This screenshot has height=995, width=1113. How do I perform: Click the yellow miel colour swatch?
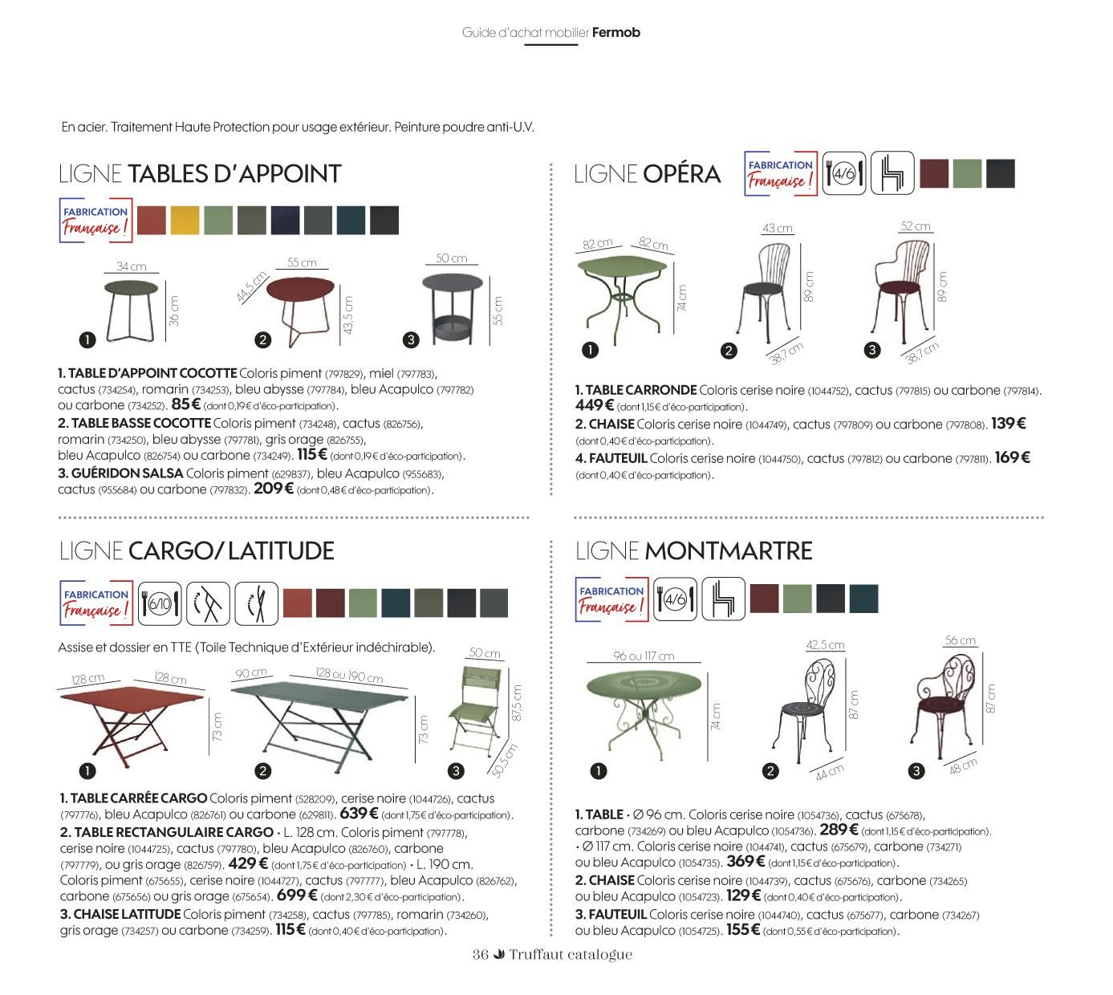click(x=185, y=221)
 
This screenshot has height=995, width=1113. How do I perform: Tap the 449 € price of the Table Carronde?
click(x=594, y=405)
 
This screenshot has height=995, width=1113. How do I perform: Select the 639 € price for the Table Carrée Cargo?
click(x=359, y=813)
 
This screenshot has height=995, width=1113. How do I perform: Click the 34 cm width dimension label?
click(x=132, y=266)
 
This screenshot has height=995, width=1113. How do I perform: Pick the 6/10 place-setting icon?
click(x=160, y=603)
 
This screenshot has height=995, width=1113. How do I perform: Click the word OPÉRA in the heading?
click(x=681, y=174)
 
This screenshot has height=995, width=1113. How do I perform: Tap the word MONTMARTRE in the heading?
click(x=728, y=551)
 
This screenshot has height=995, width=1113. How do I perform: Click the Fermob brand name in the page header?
click(x=615, y=32)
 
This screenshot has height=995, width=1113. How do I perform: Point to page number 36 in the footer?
click(x=480, y=954)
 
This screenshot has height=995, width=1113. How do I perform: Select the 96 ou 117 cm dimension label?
click(x=644, y=656)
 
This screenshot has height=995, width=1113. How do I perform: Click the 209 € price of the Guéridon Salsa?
click(x=273, y=489)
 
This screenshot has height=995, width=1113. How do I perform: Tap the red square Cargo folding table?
click(x=132, y=725)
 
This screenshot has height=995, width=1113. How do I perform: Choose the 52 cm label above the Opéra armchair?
click(x=916, y=226)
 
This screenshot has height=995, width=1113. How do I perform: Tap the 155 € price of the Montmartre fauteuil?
click(x=743, y=930)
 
